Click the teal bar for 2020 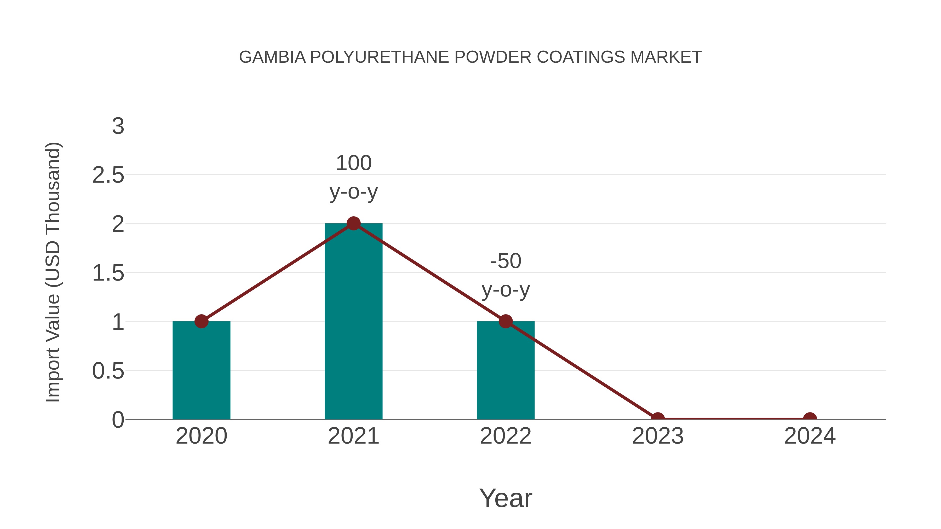click(201, 370)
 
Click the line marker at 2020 click(201, 321)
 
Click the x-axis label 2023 click(658, 436)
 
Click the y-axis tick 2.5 click(108, 175)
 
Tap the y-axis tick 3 click(118, 126)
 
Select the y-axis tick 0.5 click(108, 371)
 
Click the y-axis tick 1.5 click(108, 273)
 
